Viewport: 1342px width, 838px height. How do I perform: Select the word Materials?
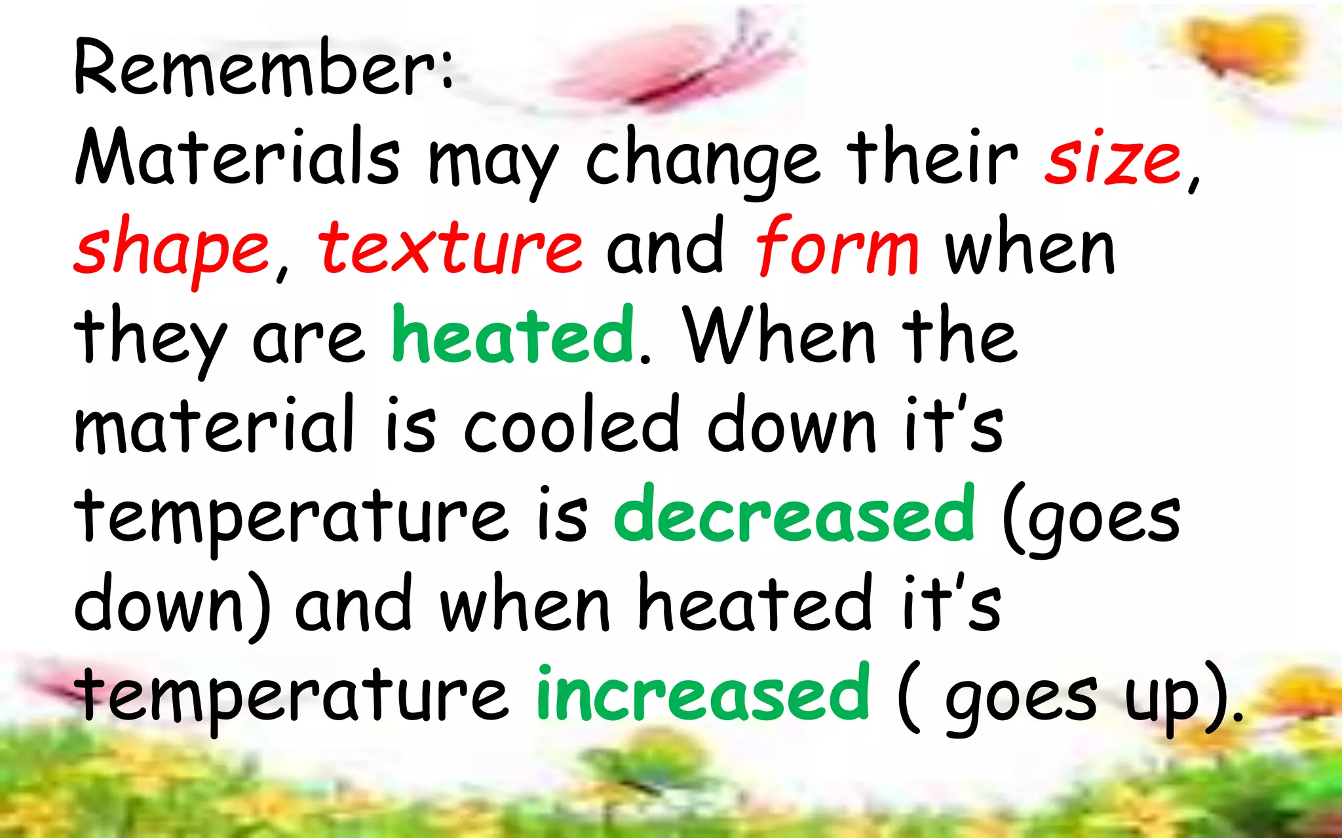pos(237,157)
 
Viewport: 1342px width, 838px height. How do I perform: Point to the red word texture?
pos(451,247)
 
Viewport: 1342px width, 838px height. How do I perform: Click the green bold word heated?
pos(513,335)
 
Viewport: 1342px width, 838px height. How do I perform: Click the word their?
pos(932,157)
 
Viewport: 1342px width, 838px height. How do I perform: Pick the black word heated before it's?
pos(755,604)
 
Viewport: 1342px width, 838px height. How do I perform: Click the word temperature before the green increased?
pos(292,695)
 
